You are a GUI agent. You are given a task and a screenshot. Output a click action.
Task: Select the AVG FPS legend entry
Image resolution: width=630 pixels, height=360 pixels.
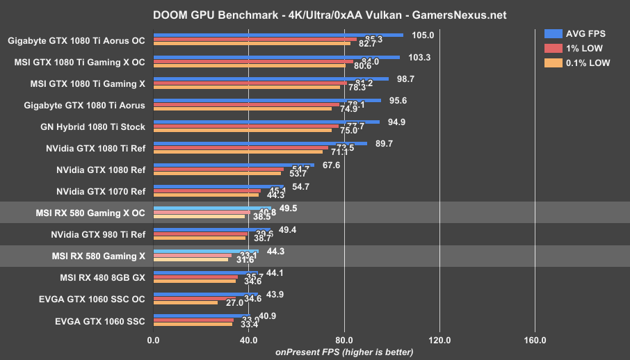576,34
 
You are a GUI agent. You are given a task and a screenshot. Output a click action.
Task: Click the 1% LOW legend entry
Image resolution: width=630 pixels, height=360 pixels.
574,48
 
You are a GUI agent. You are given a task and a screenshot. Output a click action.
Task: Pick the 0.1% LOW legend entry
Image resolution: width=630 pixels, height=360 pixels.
579,63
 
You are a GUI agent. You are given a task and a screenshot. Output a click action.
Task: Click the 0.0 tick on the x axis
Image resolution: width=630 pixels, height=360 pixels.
154,341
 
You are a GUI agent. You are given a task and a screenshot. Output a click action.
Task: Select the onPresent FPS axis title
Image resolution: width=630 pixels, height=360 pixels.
344,352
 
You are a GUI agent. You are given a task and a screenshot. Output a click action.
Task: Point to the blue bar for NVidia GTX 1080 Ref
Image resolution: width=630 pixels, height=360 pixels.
234,165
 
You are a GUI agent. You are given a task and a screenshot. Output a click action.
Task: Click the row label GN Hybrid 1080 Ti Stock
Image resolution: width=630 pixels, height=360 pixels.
93,126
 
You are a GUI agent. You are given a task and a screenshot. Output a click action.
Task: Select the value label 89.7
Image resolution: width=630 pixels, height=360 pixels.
384,143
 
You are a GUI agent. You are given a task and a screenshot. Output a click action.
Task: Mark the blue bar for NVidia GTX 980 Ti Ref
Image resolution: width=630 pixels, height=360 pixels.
212,229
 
